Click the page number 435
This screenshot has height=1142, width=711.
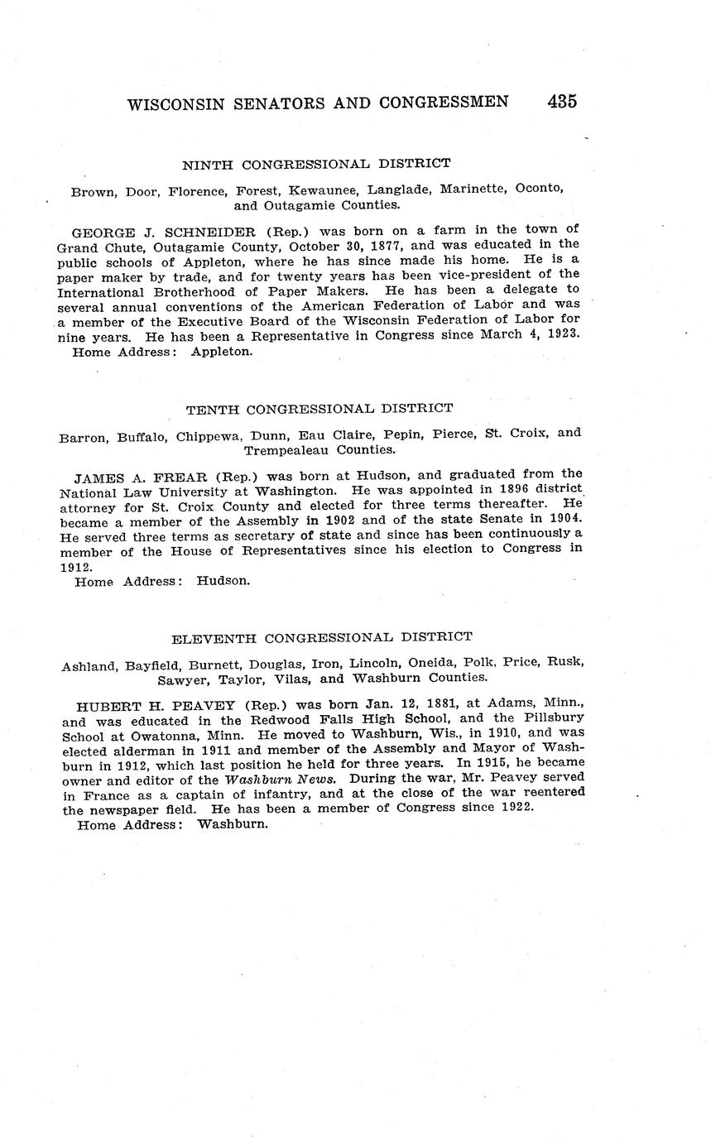pos(561,102)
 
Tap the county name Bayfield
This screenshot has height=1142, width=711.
pos(151,663)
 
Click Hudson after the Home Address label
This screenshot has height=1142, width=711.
pos(223,581)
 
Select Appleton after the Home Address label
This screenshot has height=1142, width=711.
pos(221,351)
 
